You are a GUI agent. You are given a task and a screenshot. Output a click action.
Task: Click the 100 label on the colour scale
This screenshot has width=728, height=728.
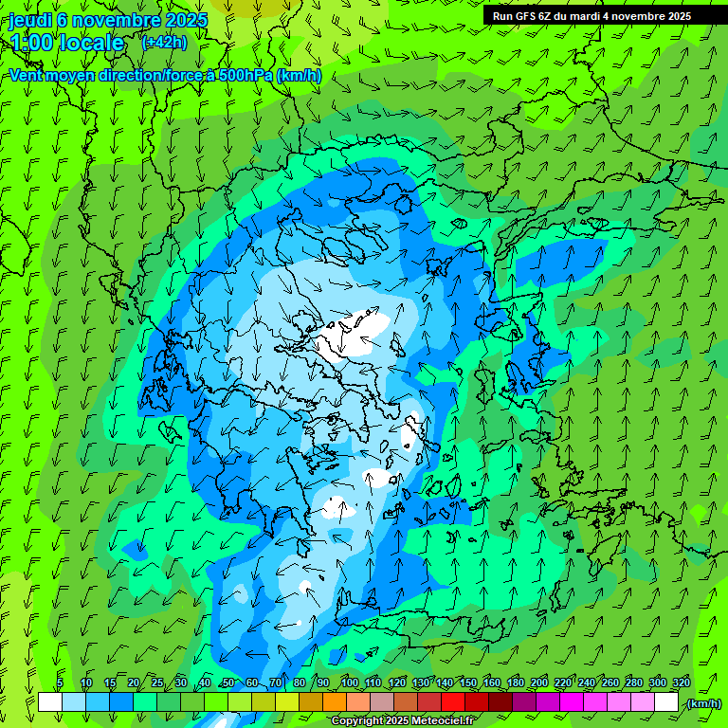350,682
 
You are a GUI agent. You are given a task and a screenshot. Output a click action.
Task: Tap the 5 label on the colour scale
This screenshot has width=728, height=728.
60,682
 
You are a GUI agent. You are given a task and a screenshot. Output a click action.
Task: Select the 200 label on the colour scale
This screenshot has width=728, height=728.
539,682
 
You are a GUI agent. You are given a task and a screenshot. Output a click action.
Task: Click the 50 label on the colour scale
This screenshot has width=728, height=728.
227,682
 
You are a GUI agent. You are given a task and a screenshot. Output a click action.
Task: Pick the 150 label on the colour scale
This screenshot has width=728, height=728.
468,682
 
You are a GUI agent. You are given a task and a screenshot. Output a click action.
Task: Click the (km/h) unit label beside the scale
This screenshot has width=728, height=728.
703,703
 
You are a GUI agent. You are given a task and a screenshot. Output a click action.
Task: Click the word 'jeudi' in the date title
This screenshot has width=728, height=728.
30,20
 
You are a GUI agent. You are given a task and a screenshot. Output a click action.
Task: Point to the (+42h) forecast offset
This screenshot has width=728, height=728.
164,43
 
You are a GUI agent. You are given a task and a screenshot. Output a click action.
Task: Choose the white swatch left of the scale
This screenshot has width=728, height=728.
50,702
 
